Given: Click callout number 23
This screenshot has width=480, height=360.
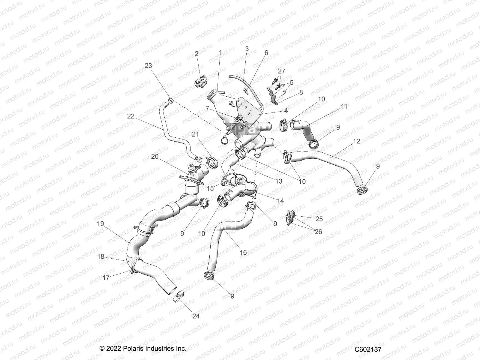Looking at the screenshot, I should [148, 65].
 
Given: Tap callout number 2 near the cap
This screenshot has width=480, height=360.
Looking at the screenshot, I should [196, 54].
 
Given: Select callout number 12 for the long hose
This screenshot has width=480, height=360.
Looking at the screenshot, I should [356, 141].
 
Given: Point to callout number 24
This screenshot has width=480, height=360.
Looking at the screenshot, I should [196, 316].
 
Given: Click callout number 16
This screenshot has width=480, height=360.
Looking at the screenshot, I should [243, 253].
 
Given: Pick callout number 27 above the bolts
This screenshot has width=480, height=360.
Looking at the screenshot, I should [281, 71].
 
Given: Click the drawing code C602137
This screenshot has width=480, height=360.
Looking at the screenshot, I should [368, 349].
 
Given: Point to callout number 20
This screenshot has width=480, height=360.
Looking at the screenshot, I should [155, 156].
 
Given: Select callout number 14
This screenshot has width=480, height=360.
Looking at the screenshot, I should [280, 201].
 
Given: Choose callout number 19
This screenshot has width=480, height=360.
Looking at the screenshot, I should [100, 224].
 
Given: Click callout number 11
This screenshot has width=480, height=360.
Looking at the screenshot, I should [344, 106].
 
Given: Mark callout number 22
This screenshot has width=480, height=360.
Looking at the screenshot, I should [131, 116].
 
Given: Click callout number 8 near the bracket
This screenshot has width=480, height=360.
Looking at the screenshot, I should [301, 92].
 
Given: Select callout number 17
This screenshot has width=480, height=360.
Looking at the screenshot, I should [106, 278].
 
